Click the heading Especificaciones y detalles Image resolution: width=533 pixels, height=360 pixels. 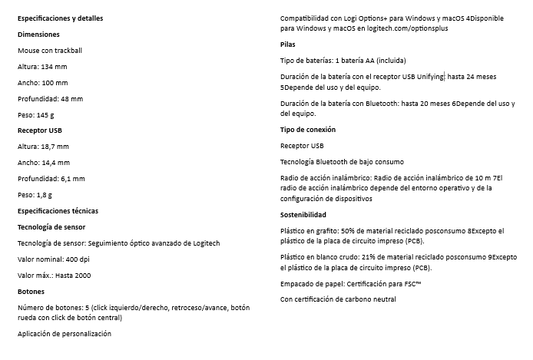[x=60, y=18]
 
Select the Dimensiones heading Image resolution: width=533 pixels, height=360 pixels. [x=38, y=35]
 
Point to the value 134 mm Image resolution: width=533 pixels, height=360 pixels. [x=55, y=68]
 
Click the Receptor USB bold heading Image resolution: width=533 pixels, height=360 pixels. [x=40, y=130]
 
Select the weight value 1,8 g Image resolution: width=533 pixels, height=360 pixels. [x=45, y=195]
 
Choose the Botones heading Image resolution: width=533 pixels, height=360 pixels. [x=31, y=292]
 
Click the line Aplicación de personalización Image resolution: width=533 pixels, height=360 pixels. [x=64, y=334]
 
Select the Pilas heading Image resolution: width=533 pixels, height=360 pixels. [x=287, y=45]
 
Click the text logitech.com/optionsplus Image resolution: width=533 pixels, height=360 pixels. [x=404, y=28]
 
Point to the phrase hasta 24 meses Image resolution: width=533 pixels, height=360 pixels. [x=472, y=77]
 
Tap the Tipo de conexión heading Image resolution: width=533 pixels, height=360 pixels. [x=307, y=129]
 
